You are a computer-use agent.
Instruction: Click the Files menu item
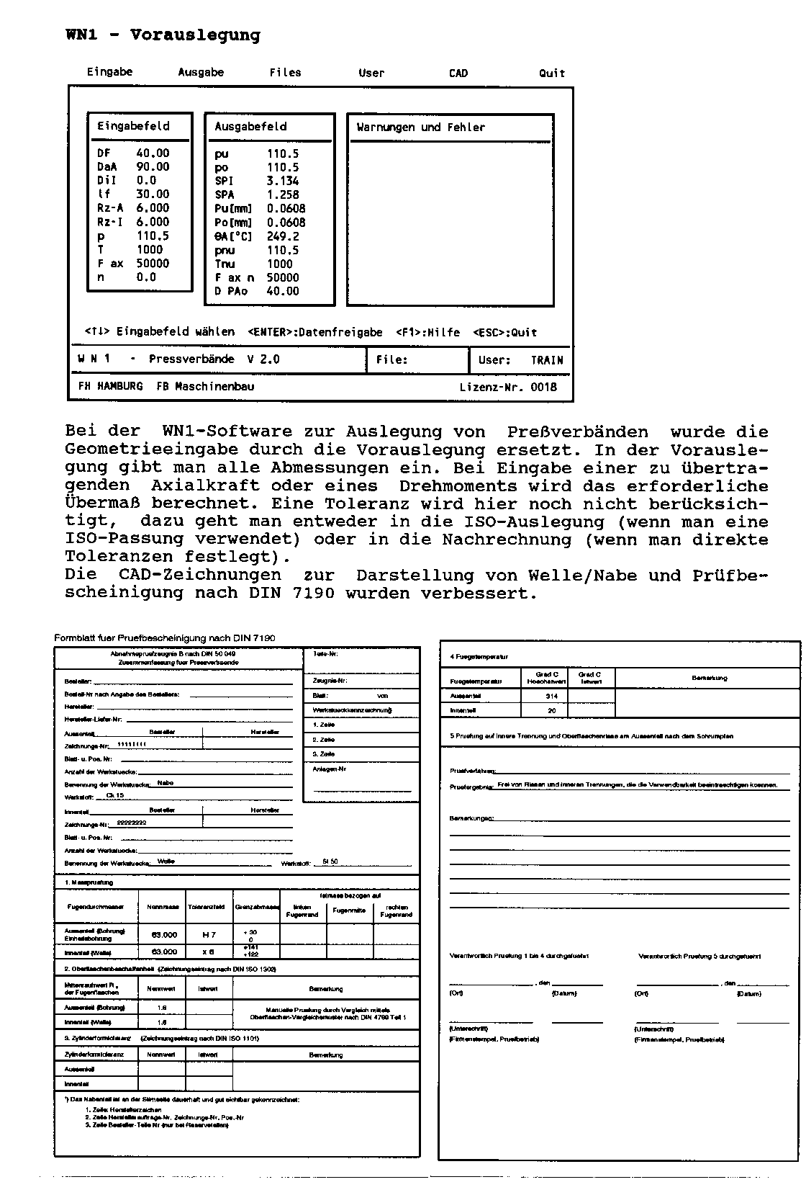(x=285, y=73)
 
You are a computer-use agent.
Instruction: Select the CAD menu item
(x=458, y=73)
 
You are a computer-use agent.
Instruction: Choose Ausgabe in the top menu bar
(x=201, y=73)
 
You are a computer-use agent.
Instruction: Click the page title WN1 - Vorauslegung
(x=163, y=35)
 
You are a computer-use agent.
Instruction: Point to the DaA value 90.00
(x=153, y=167)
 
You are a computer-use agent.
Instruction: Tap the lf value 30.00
(x=153, y=194)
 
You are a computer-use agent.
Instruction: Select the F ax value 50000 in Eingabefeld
(x=153, y=264)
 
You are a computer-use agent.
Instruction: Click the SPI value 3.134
(x=282, y=182)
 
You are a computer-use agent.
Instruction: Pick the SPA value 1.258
(x=282, y=195)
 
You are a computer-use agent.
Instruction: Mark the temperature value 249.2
(x=282, y=237)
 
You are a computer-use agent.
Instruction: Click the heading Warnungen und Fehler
(x=421, y=127)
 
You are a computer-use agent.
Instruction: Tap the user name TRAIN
(x=547, y=360)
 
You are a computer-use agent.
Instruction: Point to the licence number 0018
(x=543, y=388)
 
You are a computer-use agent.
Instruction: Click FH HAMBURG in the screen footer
(x=110, y=387)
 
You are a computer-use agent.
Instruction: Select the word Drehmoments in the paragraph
(x=458, y=486)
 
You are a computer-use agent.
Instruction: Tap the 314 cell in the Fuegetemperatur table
(x=551, y=697)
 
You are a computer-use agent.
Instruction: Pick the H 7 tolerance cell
(x=209, y=935)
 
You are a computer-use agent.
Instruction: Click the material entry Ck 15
(x=114, y=795)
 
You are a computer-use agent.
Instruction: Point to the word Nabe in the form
(x=165, y=783)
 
